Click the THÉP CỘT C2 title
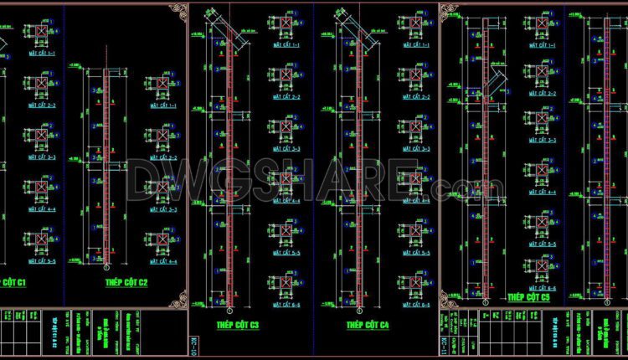(126, 283)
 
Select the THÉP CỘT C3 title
(238, 324)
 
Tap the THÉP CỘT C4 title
(368, 324)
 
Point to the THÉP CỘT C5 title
(529, 296)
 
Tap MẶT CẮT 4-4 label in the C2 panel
(162, 261)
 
